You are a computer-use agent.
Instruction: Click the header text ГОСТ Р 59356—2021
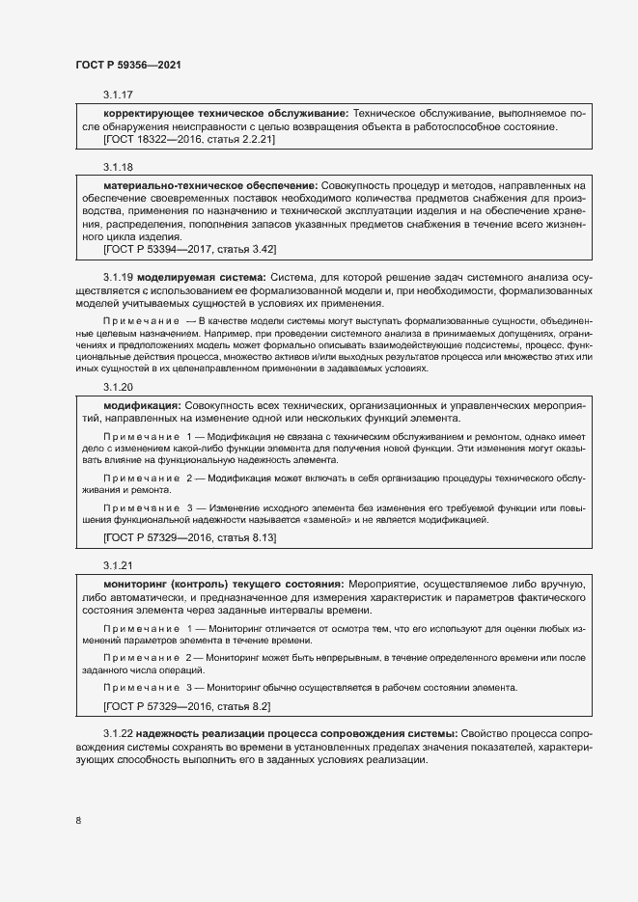click(128, 65)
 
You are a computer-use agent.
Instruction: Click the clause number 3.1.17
click(118, 95)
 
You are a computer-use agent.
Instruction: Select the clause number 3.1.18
click(118, 167)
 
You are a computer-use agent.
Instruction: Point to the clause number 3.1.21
click(118, 564)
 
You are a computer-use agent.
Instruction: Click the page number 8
click(77, 821)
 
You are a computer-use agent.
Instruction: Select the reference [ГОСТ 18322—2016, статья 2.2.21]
click(189, 140)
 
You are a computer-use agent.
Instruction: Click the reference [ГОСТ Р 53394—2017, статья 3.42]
click(189, 249)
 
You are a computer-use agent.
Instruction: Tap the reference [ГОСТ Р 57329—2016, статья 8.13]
click(189, 536)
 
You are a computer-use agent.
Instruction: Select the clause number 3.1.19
click(118, 278)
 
